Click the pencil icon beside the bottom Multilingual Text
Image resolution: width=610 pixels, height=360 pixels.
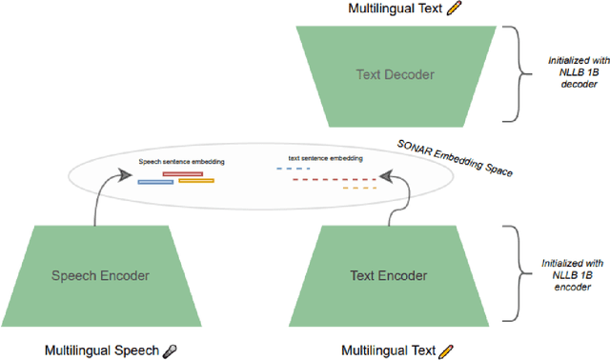point(445,350)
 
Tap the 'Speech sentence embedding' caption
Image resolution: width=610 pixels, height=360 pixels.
point(181,163)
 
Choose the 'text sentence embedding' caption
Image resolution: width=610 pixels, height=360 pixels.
point(325,158)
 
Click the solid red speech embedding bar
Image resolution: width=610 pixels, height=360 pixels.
point(182,174)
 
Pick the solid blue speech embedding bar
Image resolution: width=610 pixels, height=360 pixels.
point(155,181)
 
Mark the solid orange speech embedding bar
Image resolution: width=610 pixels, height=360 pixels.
point(195,181)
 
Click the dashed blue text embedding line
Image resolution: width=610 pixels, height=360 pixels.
point(294,169)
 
